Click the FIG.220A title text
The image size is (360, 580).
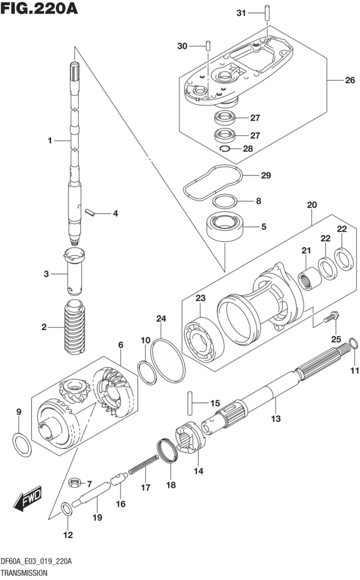point(39,8)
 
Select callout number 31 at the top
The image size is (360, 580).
point(241,13)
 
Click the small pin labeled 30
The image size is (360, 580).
point(208,45)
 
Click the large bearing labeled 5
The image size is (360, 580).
point(225,227)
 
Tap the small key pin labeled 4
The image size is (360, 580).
point(90,213)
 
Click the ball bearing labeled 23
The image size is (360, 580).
point(204,339)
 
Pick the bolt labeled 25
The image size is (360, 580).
point(331,317)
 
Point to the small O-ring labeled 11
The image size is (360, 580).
point(353,343)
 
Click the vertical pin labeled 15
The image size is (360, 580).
point(190,403)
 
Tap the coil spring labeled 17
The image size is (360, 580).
point(143,464)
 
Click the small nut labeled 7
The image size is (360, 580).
point(75,482)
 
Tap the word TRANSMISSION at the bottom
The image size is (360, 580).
point(24,573)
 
